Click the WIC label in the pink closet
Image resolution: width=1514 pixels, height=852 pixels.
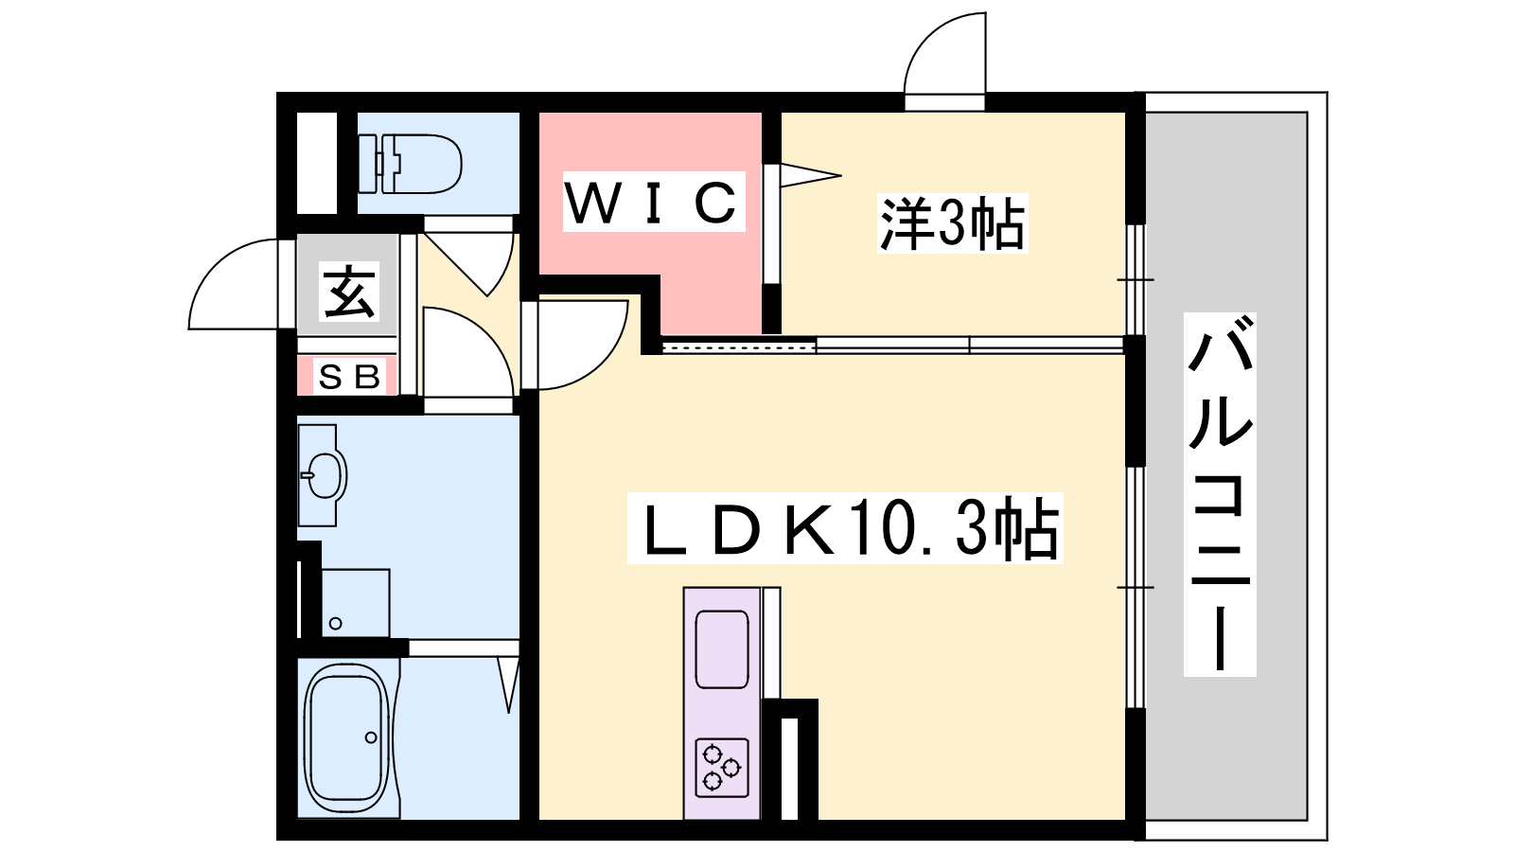click(652, 202)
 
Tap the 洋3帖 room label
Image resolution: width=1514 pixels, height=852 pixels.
click(952, 223)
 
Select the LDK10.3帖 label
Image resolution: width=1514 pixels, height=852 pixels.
click(845, 528)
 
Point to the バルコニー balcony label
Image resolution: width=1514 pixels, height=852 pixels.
click(1220, 494)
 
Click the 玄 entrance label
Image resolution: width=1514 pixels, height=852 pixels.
click(349, 292)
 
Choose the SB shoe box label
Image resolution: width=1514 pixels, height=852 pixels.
click(349, 378)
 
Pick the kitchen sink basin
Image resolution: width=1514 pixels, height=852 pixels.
click(722, 649)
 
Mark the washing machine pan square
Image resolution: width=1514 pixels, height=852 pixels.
click(356, 602)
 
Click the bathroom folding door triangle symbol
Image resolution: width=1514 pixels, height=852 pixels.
click(509, 684)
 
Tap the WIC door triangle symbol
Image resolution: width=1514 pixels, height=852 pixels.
click(810, 175)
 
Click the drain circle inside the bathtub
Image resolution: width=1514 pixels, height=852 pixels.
click(370, 737)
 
